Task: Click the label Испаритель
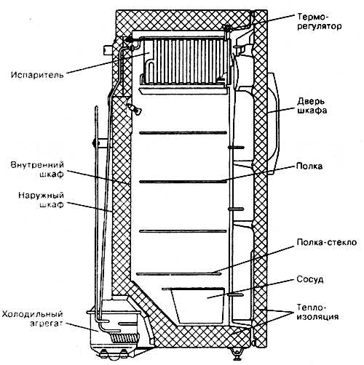coord(37,74)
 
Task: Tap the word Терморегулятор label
coord(319,21)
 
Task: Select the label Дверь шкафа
coord(312,106)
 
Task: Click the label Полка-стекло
coord(327,242)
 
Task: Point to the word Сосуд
coord(310,279)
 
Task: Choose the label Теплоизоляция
coord(317,312)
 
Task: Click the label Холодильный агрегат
coord(33,318)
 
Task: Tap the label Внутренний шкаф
coord(37,169)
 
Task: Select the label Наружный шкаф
coord(41,200)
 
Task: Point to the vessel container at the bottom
coord(197,306)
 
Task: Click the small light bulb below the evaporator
coord(134,108)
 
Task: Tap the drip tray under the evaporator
coord(183,90)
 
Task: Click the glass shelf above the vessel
coord(179,274)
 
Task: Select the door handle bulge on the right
coord(273,124)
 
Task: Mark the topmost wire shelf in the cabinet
coord(183,133)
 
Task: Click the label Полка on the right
coord(309,167)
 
